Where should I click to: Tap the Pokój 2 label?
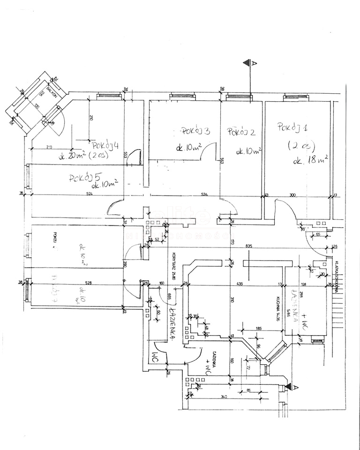[241, 133]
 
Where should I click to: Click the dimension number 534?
[204, 194]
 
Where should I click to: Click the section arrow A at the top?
[252, 63]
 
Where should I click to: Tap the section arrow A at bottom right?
[294, 387]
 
